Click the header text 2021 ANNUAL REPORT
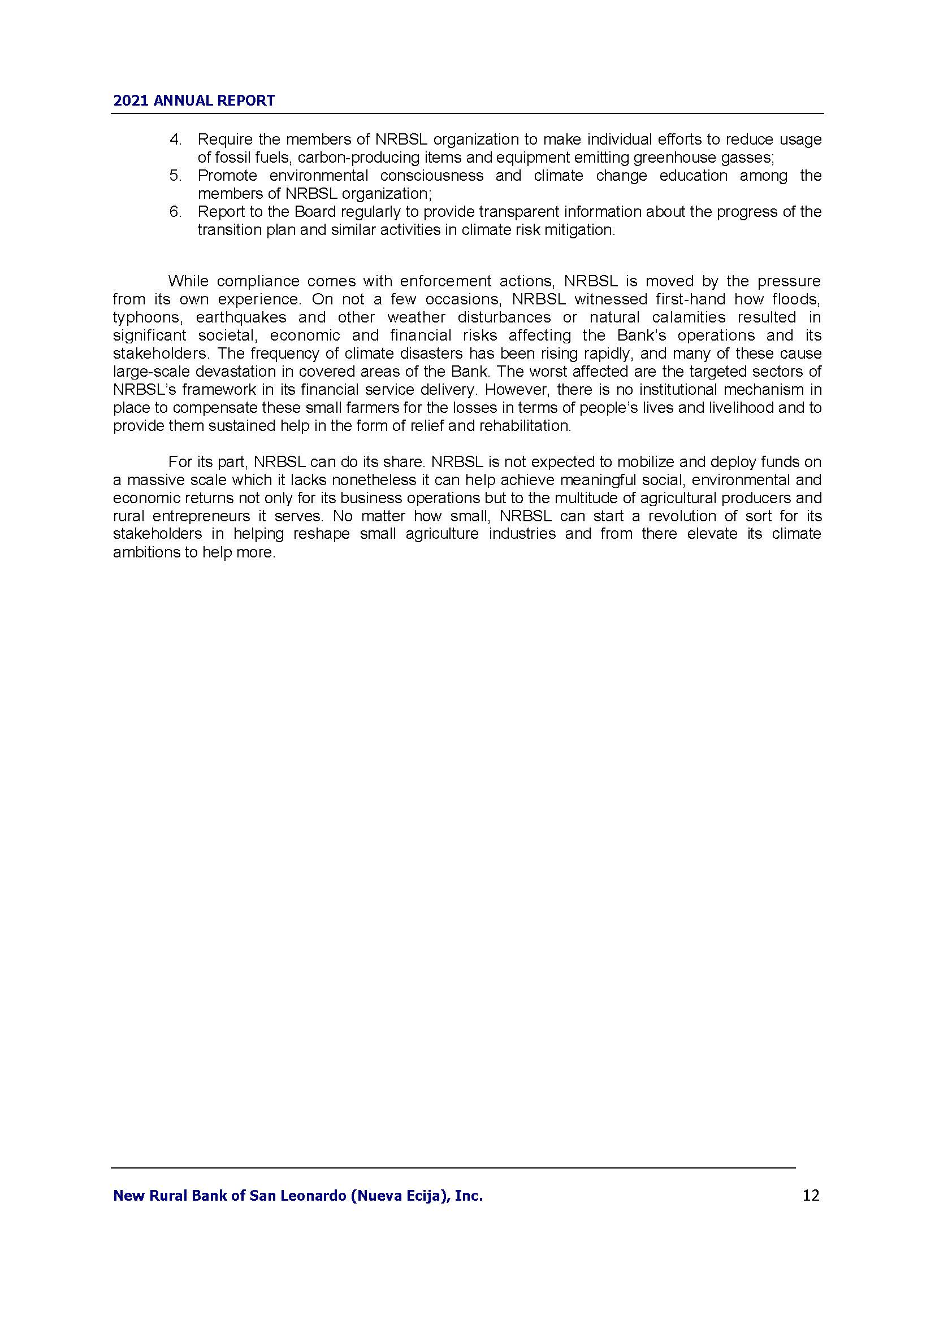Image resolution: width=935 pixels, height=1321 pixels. (x=193, y=101)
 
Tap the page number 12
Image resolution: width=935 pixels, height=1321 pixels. (x=811, y=1196)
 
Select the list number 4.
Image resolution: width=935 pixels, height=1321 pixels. (x=175, y=139)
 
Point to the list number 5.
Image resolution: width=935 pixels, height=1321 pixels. (x=175, y=176)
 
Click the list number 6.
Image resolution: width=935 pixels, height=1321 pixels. (x=175, y=212)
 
